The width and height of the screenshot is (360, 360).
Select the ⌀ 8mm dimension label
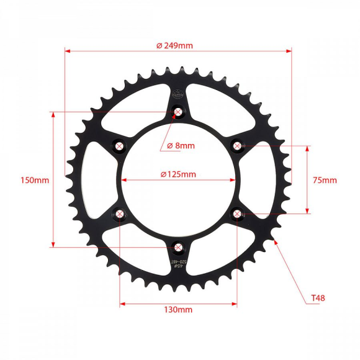(x=181, y=146)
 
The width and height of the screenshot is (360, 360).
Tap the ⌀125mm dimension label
(x=178, y=174)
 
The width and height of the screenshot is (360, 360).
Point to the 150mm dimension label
(x=34, y=181)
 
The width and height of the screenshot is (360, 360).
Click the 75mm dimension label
(x=325, y=181)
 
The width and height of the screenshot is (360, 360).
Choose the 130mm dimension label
(x=178, y=309)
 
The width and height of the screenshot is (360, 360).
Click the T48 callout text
(x=318, y=299)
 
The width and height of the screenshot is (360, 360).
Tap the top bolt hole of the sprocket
(x=179, y=112)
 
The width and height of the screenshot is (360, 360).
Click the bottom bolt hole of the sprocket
(x=179, y=248)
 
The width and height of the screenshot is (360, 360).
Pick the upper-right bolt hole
(x=237, y=146)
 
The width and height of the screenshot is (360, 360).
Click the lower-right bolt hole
(x=237, y=214)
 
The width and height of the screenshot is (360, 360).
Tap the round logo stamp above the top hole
(x=179, y=95)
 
